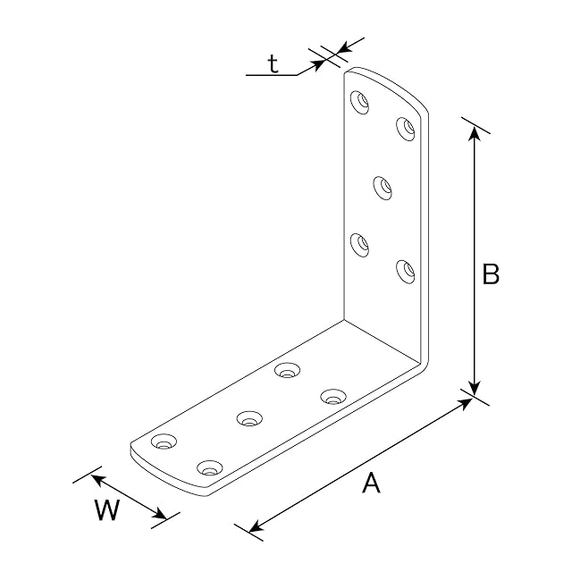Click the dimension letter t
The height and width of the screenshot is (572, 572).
[273, 64]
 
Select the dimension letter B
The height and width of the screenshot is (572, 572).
[491, 273]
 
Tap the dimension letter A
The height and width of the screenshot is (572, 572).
[371, 483]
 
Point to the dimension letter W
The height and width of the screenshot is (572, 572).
[107, 509]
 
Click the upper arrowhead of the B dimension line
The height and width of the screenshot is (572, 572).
[474, 133]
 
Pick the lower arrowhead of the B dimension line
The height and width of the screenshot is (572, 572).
[474, 387]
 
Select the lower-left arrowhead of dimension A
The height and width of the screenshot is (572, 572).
[257, 526]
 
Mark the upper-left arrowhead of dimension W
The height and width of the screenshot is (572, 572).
[98, 480]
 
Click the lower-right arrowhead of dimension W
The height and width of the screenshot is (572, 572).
[159, 515]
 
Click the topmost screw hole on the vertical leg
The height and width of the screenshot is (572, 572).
[359, 102]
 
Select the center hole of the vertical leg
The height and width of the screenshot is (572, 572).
[383, 188]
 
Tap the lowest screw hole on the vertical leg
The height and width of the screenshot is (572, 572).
[406, 272]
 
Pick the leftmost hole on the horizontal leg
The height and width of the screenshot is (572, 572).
[164, 442]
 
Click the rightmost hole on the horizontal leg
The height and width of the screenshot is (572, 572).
[333, 397]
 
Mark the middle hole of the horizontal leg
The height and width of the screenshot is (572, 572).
[249, 418]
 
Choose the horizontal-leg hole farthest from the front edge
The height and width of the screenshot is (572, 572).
[288, 370]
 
